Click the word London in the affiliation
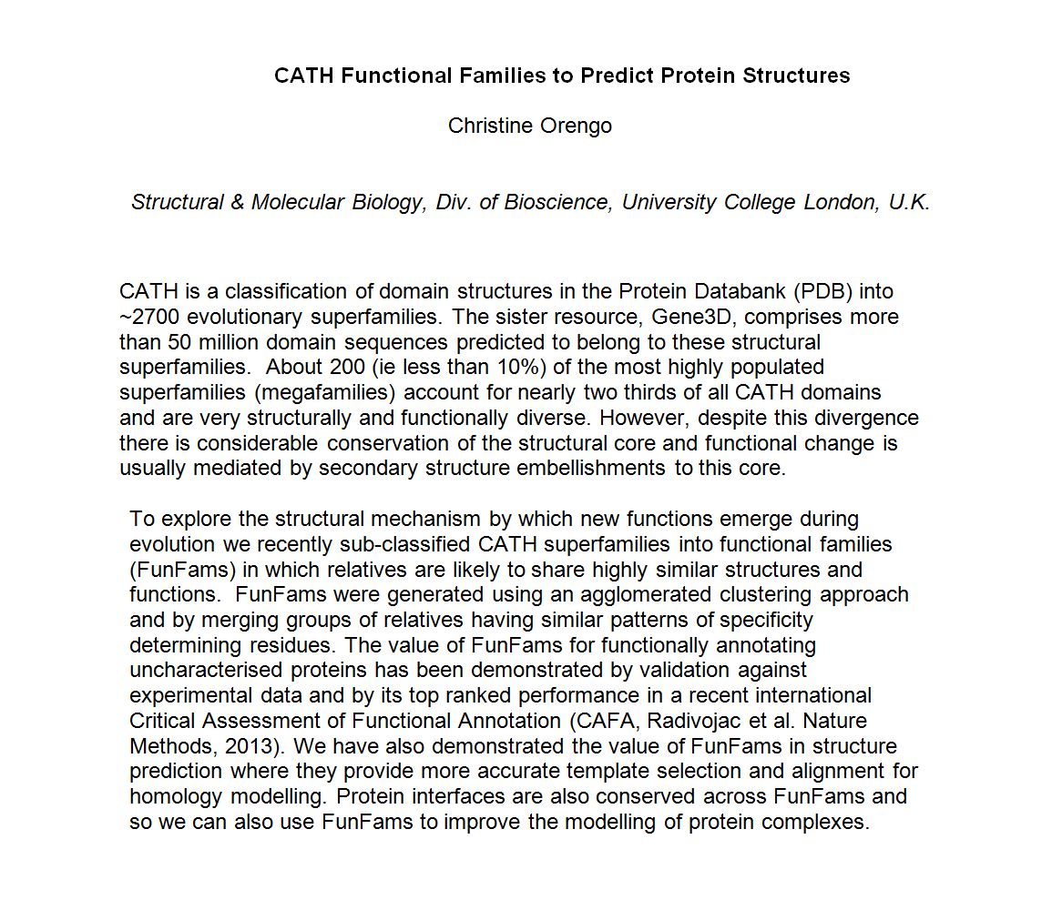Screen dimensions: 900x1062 (x=842, y=202)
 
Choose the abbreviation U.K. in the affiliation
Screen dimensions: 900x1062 (x=910, y=202)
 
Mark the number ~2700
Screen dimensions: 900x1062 (x=149, y=318)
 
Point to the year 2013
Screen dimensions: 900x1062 (x=250, y=747)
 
